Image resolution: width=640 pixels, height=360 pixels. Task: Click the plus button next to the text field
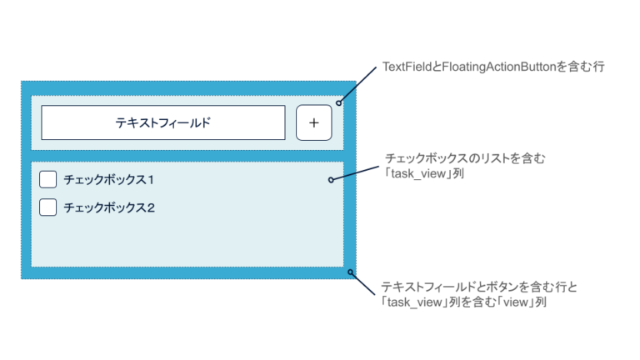coord(313,122)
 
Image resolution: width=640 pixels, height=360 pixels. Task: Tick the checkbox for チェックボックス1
coord(48,179)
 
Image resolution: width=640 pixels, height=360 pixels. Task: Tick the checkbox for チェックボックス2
coord(48,207)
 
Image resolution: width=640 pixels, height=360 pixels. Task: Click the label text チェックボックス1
coord(109,179)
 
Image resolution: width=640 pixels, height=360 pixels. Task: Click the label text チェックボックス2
coord(109,207)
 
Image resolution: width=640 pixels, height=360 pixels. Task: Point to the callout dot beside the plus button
coord(338,102)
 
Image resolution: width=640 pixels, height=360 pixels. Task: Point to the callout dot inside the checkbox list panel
coord(331,179)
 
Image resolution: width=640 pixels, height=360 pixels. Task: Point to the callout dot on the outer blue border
coord(351,272)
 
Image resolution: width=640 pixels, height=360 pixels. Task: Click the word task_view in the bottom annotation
coord(415,302)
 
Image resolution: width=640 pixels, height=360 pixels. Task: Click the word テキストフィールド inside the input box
coord(163,122)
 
